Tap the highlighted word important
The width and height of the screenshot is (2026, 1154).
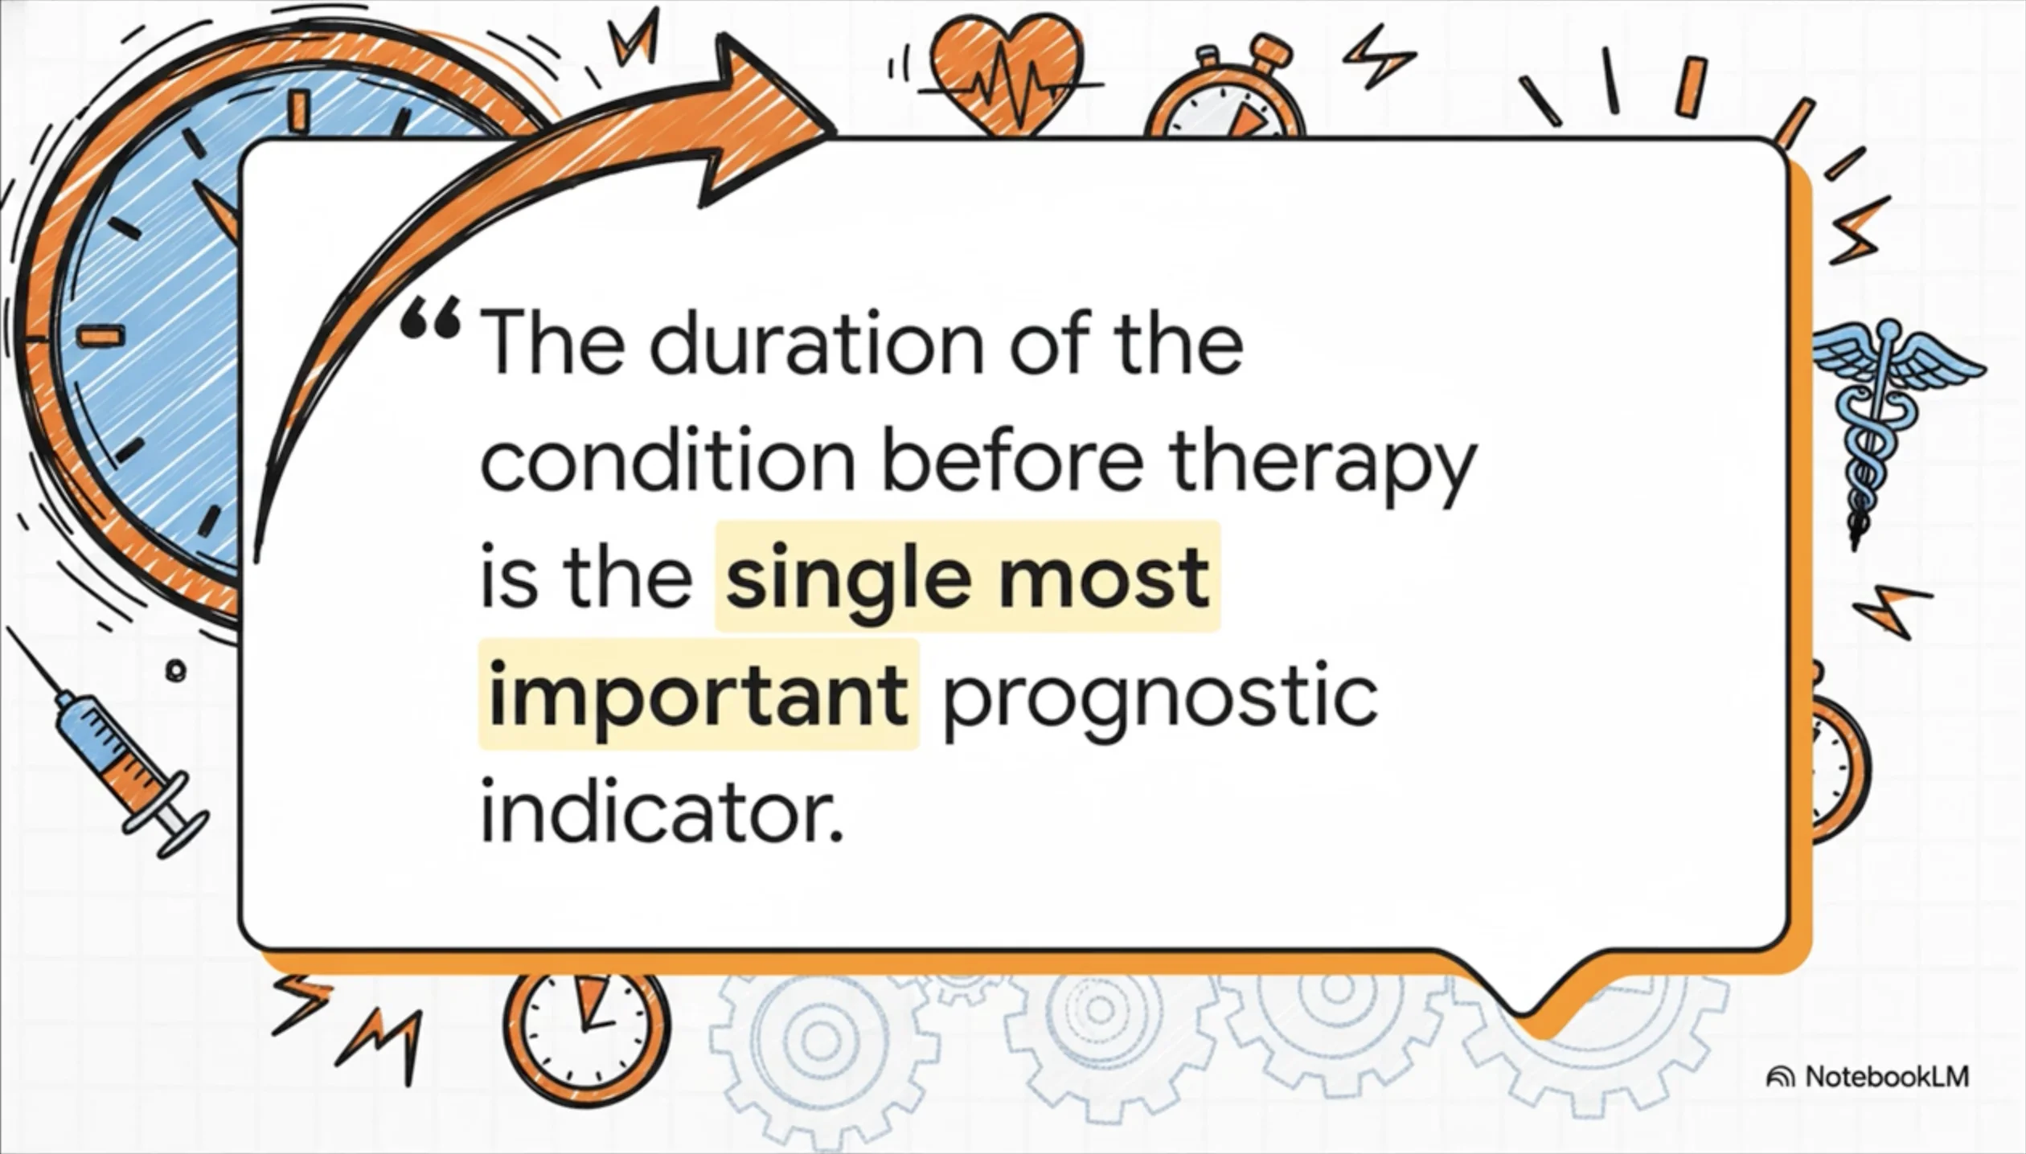click(698, 694)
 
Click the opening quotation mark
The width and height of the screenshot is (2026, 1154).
click(431, 320)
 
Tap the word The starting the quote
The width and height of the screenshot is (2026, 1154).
click(552, 343)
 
